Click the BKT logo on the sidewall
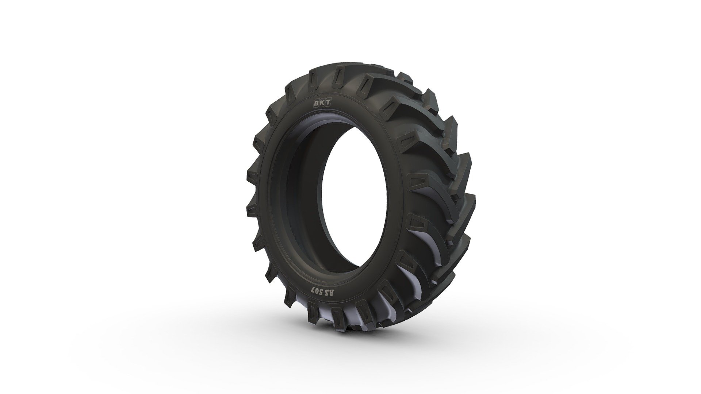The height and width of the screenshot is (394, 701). (x=321, y=103)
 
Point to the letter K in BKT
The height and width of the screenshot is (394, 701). (x=321, y=103)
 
